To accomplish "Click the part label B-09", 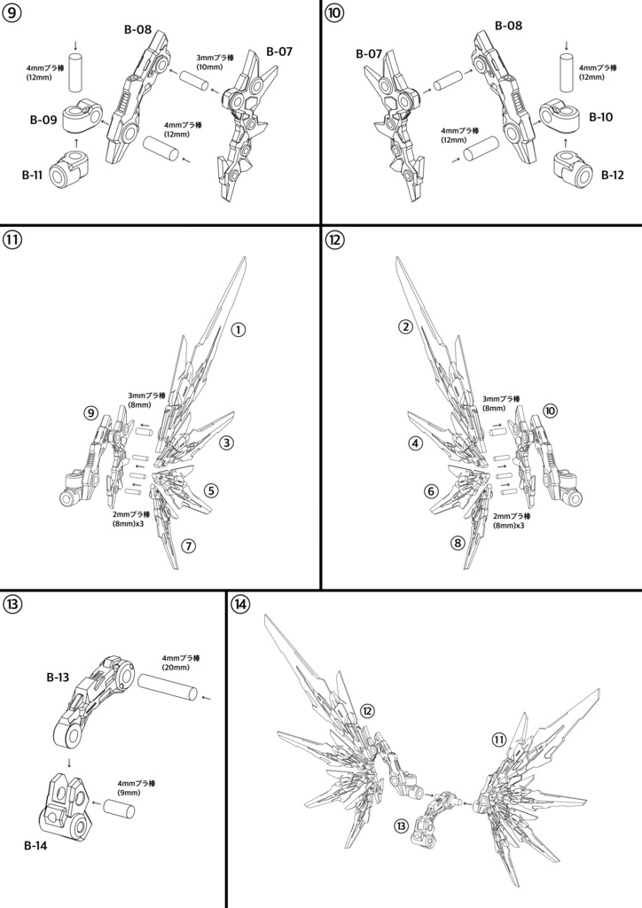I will point(44,120).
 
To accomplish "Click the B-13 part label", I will point(58,677).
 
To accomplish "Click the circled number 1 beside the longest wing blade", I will point(239,329).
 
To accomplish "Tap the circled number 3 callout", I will point(226,442).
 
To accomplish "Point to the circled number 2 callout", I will point(405,327).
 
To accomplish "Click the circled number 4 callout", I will point(414,442).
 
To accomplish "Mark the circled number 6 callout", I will point(431,490).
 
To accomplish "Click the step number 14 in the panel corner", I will point(239,605).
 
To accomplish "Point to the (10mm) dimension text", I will point(209,67).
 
